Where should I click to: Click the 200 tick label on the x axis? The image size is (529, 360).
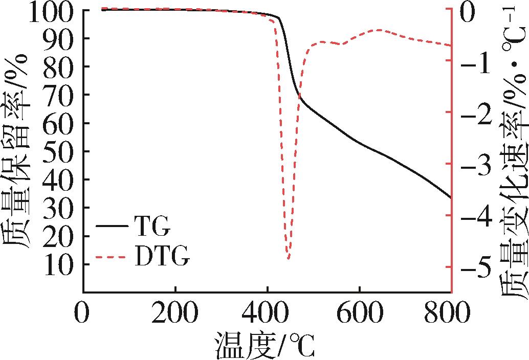(175, 313)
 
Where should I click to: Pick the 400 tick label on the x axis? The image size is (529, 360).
(267, 313)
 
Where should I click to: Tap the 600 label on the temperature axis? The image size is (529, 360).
(359, 313)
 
